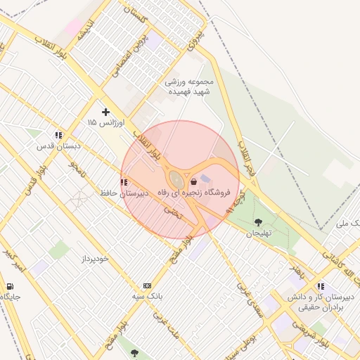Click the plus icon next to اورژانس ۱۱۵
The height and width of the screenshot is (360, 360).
(x=105, y=112)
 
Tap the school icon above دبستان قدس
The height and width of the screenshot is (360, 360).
(x=58, y=135)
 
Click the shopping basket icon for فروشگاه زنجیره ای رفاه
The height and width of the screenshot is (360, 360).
(x=193, y=181)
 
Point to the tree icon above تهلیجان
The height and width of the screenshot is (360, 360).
(x=258, y=222)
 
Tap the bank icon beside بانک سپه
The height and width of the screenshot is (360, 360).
(x=147, y=285)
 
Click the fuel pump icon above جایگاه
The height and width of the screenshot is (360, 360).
(x=10, y=286)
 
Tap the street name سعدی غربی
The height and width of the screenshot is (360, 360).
(x=249, y=299)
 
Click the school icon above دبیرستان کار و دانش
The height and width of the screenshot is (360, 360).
(x=321, y=286)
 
